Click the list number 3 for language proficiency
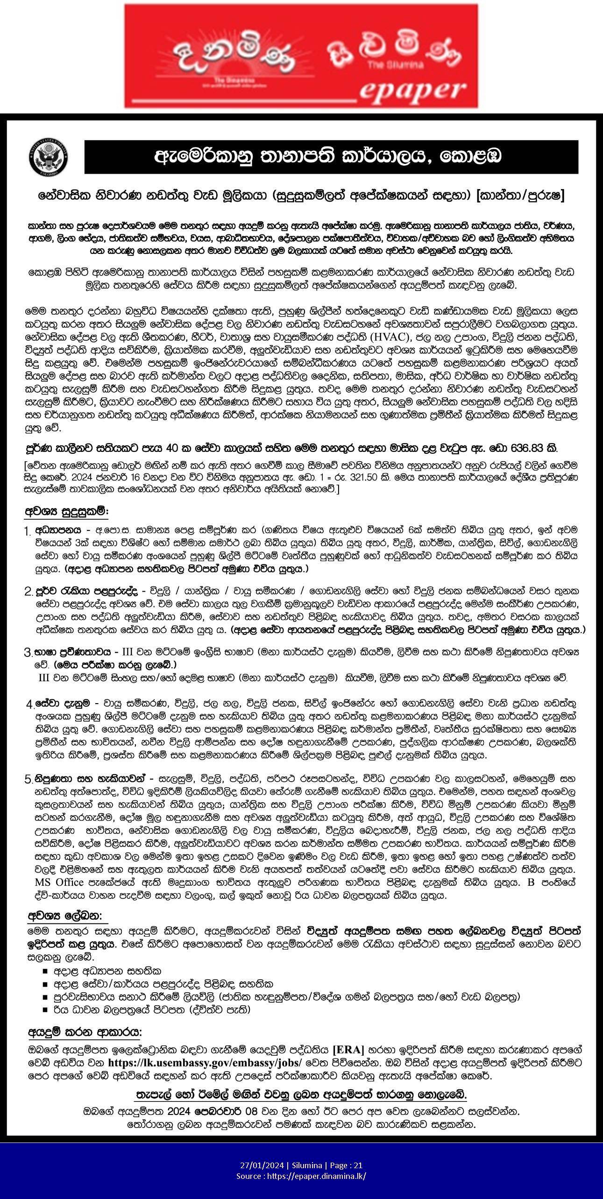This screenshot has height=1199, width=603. pyautogui.click(x=28, y=652)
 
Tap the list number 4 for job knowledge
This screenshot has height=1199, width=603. pyautogui.click(x=29, y=704)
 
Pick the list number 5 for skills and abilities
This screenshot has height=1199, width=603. pyautogui.click(x=28, y=779)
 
